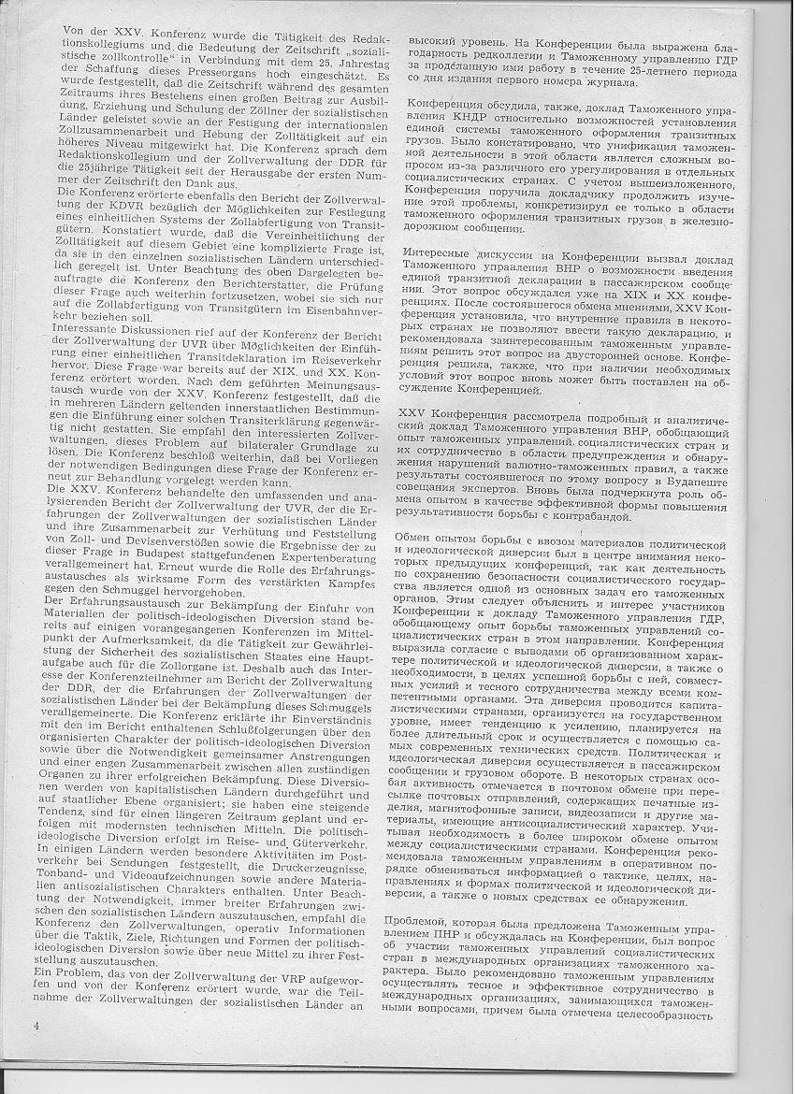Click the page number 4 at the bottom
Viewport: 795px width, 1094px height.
(x=35, y=1026)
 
